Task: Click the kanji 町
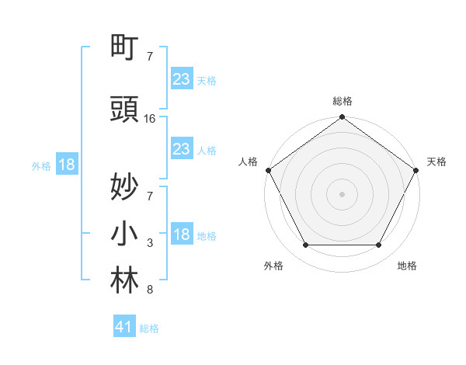click(x=125, y=48)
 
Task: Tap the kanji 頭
click(x=125, y=110)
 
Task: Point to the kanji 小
click(x=125, y=235)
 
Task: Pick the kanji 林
click(x=125, y=282)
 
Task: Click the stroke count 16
click(x=150, y=119)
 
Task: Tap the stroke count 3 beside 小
click(x=150, y=243)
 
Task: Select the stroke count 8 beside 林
click(x=150, y=290)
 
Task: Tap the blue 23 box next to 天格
click(x=181, y=79)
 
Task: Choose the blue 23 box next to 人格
click(x=181, y=149)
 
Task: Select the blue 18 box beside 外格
click(x=66, y=165)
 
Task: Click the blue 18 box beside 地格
click(x=181, y=235)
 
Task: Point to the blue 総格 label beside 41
click(x=149, y=328)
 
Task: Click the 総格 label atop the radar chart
click(x=343, y=101)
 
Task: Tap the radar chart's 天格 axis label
click(x=436, y=162)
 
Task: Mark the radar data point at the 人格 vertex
click(x=268, y=170)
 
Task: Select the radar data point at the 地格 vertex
click(x=379, y=245)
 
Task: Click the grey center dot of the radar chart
click(x=343, y=193)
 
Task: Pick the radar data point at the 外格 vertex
click(x=305, y=245)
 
